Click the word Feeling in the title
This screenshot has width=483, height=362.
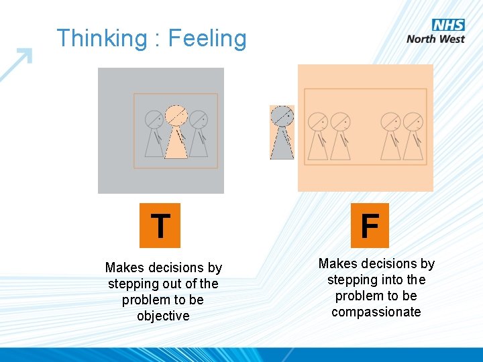[207, 38]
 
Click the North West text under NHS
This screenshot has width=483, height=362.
[435, 39]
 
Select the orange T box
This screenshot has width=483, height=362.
[160, 225]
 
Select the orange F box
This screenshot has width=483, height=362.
[369, 225]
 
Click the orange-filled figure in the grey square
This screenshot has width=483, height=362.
[176, 132]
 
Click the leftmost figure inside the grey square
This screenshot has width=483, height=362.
[155, 133]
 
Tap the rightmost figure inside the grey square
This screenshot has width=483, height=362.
[198, 133]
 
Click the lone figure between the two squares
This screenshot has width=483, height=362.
[282, 133]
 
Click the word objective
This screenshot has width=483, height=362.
[163, 316]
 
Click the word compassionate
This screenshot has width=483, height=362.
[376, 312]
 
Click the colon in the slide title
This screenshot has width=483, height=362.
[156, 40]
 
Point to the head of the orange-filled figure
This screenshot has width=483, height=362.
[176, 116]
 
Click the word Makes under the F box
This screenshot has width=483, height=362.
[337, 263]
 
